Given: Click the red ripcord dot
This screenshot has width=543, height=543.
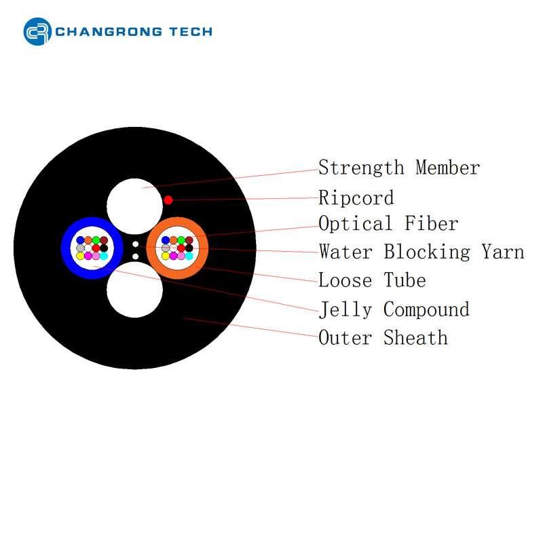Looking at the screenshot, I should (168, 200).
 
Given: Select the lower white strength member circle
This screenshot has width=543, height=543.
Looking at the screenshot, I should (134, 291).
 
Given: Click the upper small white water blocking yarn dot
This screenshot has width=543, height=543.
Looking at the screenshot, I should (136, 244).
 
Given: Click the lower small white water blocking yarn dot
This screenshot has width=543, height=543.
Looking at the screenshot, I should (136, 257).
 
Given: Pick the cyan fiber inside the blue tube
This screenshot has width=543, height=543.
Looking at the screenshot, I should (104, 256).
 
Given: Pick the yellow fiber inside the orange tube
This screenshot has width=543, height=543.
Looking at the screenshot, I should (166, 256).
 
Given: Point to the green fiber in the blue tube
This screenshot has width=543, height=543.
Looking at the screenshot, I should (96, 240).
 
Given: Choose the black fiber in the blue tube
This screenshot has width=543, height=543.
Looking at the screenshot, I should (104, 248).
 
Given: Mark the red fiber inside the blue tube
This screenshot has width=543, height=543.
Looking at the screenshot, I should (96, 248).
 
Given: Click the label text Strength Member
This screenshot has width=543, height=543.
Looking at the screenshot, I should (398, 168).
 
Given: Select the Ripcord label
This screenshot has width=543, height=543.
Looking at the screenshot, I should (356, 198).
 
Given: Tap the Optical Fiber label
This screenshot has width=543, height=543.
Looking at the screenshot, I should (388, 223).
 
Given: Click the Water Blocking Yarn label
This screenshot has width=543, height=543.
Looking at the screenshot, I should (421, 252).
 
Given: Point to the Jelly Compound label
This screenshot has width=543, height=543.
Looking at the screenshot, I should (394, 310).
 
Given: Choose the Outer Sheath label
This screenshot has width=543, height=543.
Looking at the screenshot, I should (383, 337).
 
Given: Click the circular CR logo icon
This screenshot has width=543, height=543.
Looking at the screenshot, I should (37, 31).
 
